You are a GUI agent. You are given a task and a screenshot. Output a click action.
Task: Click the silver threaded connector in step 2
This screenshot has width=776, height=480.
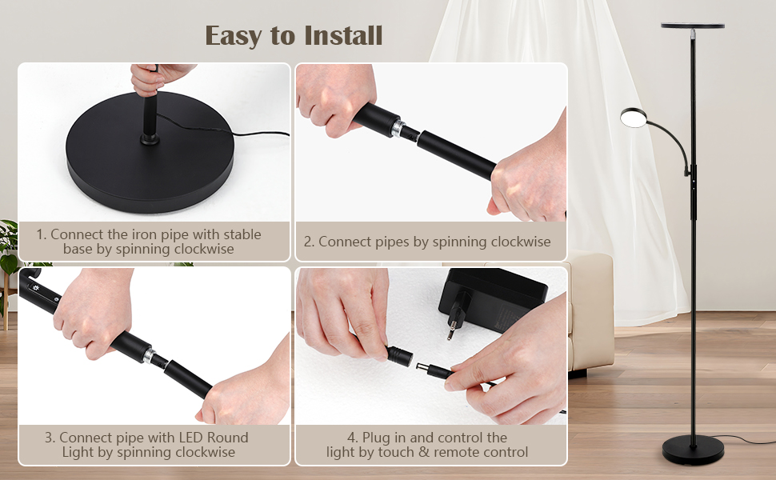pyautogui.click(x=398, y=129)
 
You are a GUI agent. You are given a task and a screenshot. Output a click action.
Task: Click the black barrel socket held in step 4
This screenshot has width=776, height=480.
pyautogui.click(x=399, y=355)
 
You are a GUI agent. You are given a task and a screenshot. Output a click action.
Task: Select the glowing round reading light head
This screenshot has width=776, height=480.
pyautogui.click(x=634, y=118)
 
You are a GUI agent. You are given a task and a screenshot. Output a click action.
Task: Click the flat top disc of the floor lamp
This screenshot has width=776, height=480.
pyautogui.click(x=692, y=26)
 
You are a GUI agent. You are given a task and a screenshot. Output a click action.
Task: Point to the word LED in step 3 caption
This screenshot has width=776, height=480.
pyautogui.click(x=190, y=438)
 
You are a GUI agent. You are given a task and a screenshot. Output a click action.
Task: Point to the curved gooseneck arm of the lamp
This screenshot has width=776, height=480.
pyautogui.click(x=670, y=141)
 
